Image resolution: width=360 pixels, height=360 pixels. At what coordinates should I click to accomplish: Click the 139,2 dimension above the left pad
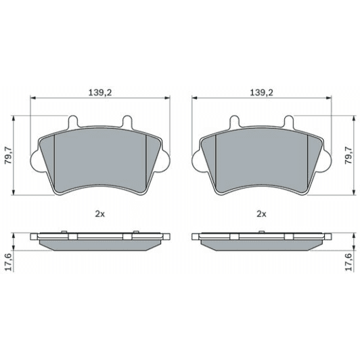99,91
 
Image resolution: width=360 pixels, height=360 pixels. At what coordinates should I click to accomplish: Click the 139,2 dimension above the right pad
261,91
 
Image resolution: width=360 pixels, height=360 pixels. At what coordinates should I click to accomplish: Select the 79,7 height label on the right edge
348,156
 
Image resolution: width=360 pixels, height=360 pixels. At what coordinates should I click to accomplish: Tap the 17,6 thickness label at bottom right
348,261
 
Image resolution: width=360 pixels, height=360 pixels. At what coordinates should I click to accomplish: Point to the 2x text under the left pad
99,213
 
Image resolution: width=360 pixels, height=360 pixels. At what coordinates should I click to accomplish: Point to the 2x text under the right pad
261,213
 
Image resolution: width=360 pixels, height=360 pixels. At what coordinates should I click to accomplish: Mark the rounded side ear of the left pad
36,160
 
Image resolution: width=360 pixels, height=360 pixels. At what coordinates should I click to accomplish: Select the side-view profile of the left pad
99,240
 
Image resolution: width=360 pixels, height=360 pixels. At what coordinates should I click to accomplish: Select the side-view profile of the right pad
261,240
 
